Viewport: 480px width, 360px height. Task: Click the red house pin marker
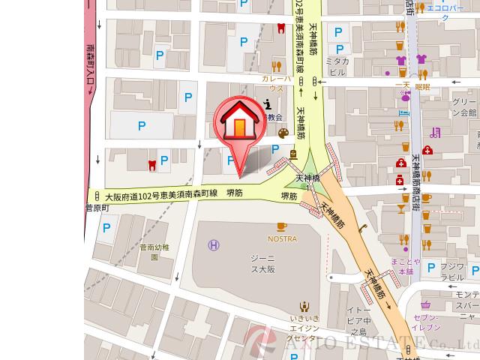pos(237,124)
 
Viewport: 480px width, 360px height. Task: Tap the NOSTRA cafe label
pos(282,239)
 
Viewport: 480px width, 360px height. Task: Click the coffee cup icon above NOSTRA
pos(282,226)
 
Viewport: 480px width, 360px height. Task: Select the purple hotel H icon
pos(214,245)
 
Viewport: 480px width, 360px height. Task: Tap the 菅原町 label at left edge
pos(97,208)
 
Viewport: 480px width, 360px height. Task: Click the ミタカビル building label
pos(339,66)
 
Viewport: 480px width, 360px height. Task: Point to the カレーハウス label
pos(271,82)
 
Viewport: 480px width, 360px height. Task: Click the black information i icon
pos(268,105)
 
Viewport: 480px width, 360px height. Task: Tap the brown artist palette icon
pos(283,133)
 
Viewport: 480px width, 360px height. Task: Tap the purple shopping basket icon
pos(425,304)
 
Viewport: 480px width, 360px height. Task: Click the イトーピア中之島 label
pos(357,319)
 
